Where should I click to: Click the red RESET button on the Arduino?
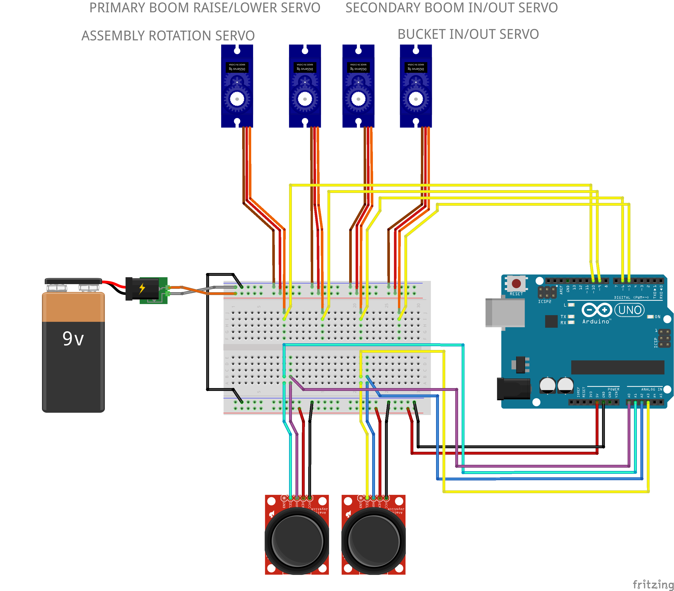(516, 283)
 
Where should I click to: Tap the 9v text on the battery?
(73, 339)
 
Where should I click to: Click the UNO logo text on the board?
(629, 310)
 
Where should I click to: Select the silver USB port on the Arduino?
(504, 312)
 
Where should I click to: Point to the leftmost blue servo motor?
(237, 86)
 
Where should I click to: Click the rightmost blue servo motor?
(415, 86)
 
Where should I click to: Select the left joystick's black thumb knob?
(297, 541)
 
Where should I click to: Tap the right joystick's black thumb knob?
(374, 541)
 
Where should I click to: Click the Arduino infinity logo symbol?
(597, 310)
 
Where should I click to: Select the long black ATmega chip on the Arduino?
(617, 367)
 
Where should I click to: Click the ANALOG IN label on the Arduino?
(651, 389)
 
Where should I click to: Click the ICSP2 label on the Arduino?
(545, 301)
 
